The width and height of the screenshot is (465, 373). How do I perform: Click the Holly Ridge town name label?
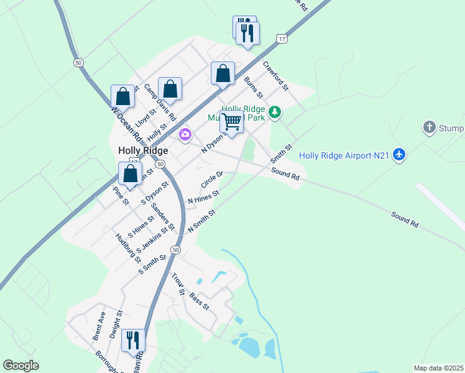tap(143, 150)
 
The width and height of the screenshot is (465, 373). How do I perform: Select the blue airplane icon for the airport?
tap(399, 155)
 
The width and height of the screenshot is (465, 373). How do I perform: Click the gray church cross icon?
tap(429, 128)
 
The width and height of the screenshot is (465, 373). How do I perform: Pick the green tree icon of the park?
tap(274, 113)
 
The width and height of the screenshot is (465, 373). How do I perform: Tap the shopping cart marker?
tap(231, 122)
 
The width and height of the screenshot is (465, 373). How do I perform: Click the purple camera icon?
tap(185, 134)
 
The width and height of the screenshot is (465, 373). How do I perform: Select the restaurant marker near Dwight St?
tap(133, 340)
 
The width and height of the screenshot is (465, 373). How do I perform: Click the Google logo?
tap(21, 366)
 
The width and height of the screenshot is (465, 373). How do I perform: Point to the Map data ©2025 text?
tap(438, 368)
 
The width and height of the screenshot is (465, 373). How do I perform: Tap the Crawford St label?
tap(276, 75)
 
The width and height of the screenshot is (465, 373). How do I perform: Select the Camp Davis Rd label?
tap(160, 102)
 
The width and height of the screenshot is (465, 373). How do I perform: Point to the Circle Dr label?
tap(212, 180)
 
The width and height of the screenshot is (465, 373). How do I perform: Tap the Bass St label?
tap(200, 301)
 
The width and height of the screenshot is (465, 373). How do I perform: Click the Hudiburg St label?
tap(128, 247)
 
